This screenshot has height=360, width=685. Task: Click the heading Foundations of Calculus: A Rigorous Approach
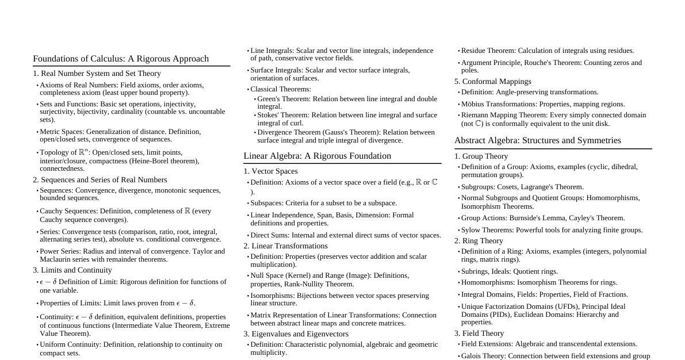click(121, 59)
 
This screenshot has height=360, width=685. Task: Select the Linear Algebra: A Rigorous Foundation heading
click(317, 156)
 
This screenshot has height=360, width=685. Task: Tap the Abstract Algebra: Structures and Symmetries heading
click(537, 140)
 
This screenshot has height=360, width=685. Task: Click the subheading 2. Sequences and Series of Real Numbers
click(100, 180)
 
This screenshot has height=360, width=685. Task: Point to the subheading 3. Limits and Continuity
click(72, 270)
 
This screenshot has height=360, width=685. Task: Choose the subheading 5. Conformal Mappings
click(492, 82)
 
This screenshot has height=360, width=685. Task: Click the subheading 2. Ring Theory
click(479, 241)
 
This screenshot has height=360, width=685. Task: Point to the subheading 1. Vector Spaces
click(270, 171)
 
